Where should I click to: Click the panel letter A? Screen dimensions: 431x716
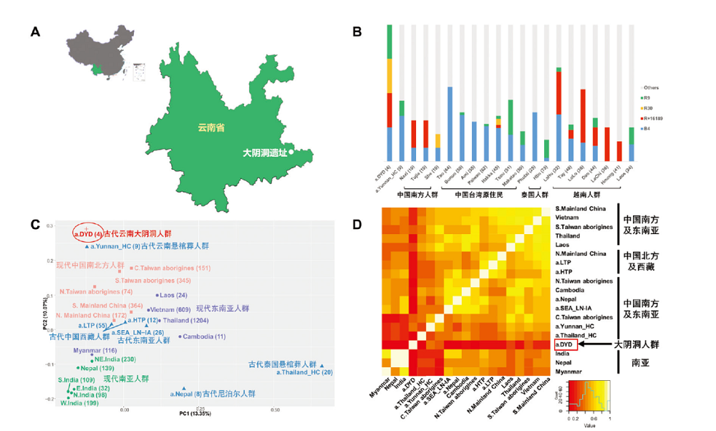(34, 32)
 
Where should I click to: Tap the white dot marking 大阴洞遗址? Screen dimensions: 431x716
(291, 152)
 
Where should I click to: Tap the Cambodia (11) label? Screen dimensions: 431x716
(205, 336)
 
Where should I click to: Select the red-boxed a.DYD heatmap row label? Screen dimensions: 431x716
(566, 345)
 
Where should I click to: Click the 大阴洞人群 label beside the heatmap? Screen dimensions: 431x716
(635, 345)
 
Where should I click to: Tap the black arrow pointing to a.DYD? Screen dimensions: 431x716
(591, 345)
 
